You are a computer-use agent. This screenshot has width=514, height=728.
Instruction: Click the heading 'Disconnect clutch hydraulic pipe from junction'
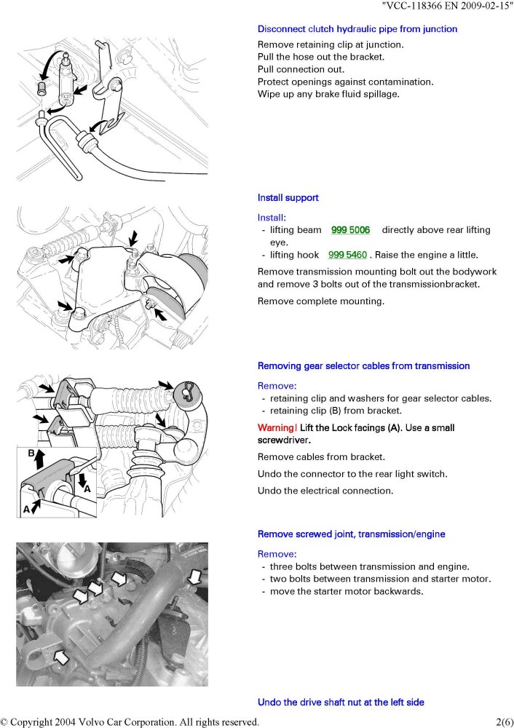pyautogui.click(x=357, y=29)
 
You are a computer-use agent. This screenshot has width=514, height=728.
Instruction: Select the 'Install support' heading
pyautogui.click(x=288, y=197)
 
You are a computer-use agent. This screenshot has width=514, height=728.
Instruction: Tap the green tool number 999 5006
pyautogui.click(x=350, y=230)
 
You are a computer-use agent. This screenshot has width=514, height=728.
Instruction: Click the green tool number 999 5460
pyautogui.click(x=347, y=255)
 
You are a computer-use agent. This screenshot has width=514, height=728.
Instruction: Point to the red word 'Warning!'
pyautogui.click(x=277, y=428)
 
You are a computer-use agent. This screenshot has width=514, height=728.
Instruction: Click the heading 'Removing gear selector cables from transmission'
pyautogui.click(x=363, y=365)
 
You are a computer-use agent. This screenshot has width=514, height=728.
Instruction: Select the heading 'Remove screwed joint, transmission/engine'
pyautogui.click(x=352, y=534)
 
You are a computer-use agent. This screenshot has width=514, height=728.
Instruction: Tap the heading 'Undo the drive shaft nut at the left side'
pyautogui.click(x=341, y=702)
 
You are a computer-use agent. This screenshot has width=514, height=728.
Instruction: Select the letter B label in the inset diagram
pyautogui.click(x=31, y=453)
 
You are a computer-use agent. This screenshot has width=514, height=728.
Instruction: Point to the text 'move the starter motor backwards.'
pyautogui.click(x=346, y=591)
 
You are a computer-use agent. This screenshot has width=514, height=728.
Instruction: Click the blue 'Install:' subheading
pyautogui.click(x=272, y=217)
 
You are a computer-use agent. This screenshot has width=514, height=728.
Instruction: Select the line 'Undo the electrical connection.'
pyautogui.click(x=325, y=491)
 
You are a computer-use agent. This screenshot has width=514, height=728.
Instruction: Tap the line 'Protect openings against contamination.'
pyautogui.click(x=345, y=82)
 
